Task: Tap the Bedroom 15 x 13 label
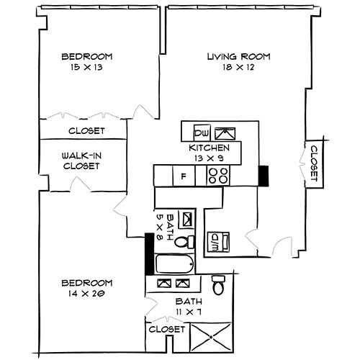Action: click(86, 62)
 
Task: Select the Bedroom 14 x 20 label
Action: click(86, 288)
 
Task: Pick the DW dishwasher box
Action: click(202, 133)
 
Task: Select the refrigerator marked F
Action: click(184, 175)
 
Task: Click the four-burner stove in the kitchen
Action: click(219, 175)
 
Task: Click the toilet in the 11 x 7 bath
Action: click(220, 286)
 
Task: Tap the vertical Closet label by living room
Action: click(315, 163)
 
